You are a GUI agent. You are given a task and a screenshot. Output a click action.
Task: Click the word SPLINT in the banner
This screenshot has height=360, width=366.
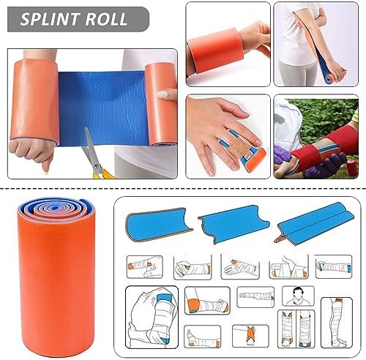pos(50,19)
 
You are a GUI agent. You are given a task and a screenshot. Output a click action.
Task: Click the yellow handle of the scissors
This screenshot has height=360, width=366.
pos(104,173)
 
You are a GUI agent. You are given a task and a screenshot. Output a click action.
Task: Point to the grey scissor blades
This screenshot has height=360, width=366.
pos(91,146)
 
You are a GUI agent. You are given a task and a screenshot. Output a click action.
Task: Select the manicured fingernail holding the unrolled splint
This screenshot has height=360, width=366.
pos(163,94)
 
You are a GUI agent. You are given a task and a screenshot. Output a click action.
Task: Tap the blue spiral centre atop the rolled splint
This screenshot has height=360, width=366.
pos(55,208)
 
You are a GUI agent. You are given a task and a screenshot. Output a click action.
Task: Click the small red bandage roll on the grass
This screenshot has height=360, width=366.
pos(352,168)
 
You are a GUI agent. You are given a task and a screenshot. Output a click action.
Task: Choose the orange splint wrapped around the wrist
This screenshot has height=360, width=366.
pos(214,50)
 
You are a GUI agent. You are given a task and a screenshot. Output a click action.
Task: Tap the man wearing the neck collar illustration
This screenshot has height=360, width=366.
pos(298,296)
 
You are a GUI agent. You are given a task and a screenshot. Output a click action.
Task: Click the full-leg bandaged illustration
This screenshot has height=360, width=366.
pos(336,323)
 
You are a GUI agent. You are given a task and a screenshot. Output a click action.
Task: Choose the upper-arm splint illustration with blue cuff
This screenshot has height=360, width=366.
pos(152,318)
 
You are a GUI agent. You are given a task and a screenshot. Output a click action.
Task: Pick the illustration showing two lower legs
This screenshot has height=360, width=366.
pos(296,329)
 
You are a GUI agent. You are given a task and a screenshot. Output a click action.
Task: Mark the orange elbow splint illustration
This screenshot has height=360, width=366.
pos(207,301)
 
